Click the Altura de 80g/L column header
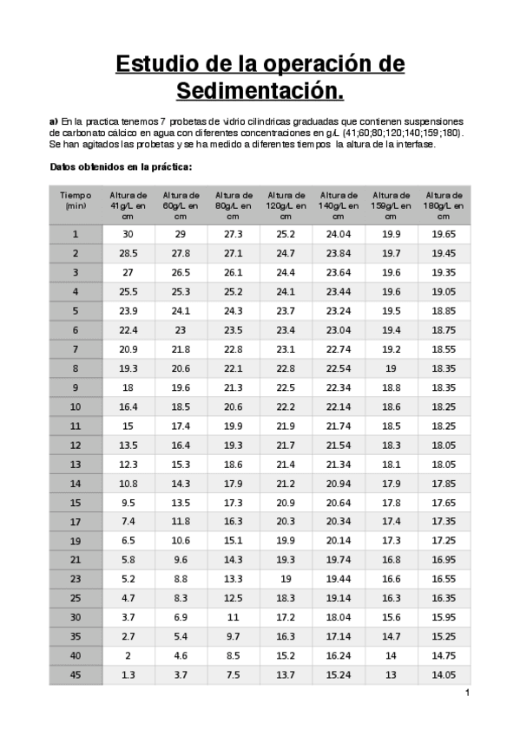[x=234, y=205]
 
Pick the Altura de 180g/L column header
[x=444, y=205]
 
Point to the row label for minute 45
[x=76, y=674]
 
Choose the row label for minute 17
[x=76, y=521]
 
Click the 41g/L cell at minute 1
[x=128, y=234]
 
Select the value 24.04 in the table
[x=338, y=234]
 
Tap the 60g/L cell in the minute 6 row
[x=181, y=329]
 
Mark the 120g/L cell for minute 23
[x=286, y=578]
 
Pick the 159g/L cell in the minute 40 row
[x=391, y=655]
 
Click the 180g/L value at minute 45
[x=444, y=674]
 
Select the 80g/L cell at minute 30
[x=234, y=616]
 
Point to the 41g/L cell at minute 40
[x=128, y=655]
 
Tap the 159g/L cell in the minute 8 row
[x=391, y=367]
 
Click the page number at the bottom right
[x=466, y=693]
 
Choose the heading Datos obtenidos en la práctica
[x=121, y=166]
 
